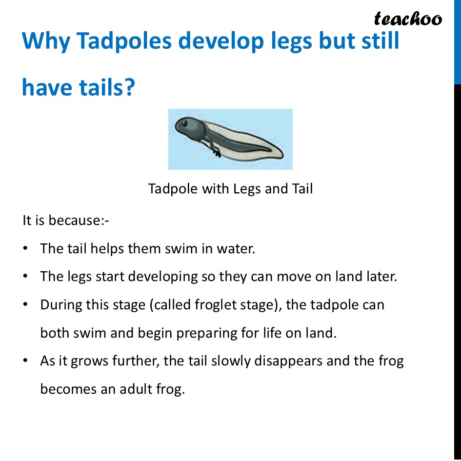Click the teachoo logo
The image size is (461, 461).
(x=408, y=19)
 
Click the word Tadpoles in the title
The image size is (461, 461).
(x=124, y=40)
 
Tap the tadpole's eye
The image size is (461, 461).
(x=184, y=123)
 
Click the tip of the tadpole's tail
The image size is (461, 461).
(x=283, y=156)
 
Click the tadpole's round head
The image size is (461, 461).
(x=189, y=128)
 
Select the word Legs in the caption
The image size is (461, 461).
(x=247, y=189)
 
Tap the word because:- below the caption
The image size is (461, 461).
(x=79, y=220)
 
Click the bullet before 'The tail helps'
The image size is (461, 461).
(x=25, y=248)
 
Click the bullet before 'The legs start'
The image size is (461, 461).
(x=25, y=277)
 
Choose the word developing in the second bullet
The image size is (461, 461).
(x=163, y=277)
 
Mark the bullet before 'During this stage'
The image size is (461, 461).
(x=25, y=304)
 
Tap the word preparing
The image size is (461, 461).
(x=206, y=333)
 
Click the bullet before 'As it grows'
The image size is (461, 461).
(x=25, y=361)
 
